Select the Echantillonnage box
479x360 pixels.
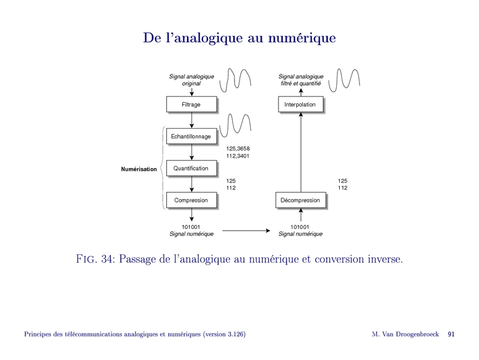191,136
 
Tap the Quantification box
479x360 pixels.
191,168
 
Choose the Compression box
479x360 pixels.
191,200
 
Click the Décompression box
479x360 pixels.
300,200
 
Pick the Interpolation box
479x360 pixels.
300,105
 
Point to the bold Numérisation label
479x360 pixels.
139,169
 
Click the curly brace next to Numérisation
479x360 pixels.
162,168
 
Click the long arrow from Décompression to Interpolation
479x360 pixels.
300,154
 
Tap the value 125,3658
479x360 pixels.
238,148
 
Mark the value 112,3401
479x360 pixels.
238,156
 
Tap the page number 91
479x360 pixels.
451,334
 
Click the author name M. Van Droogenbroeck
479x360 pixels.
405,334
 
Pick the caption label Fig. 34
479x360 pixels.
92,259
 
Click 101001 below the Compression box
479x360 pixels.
191,226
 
